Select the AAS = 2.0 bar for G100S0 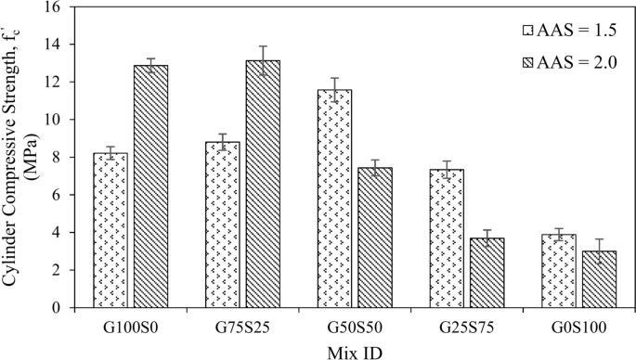coord(150,186)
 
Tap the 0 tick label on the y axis coord(61,308)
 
